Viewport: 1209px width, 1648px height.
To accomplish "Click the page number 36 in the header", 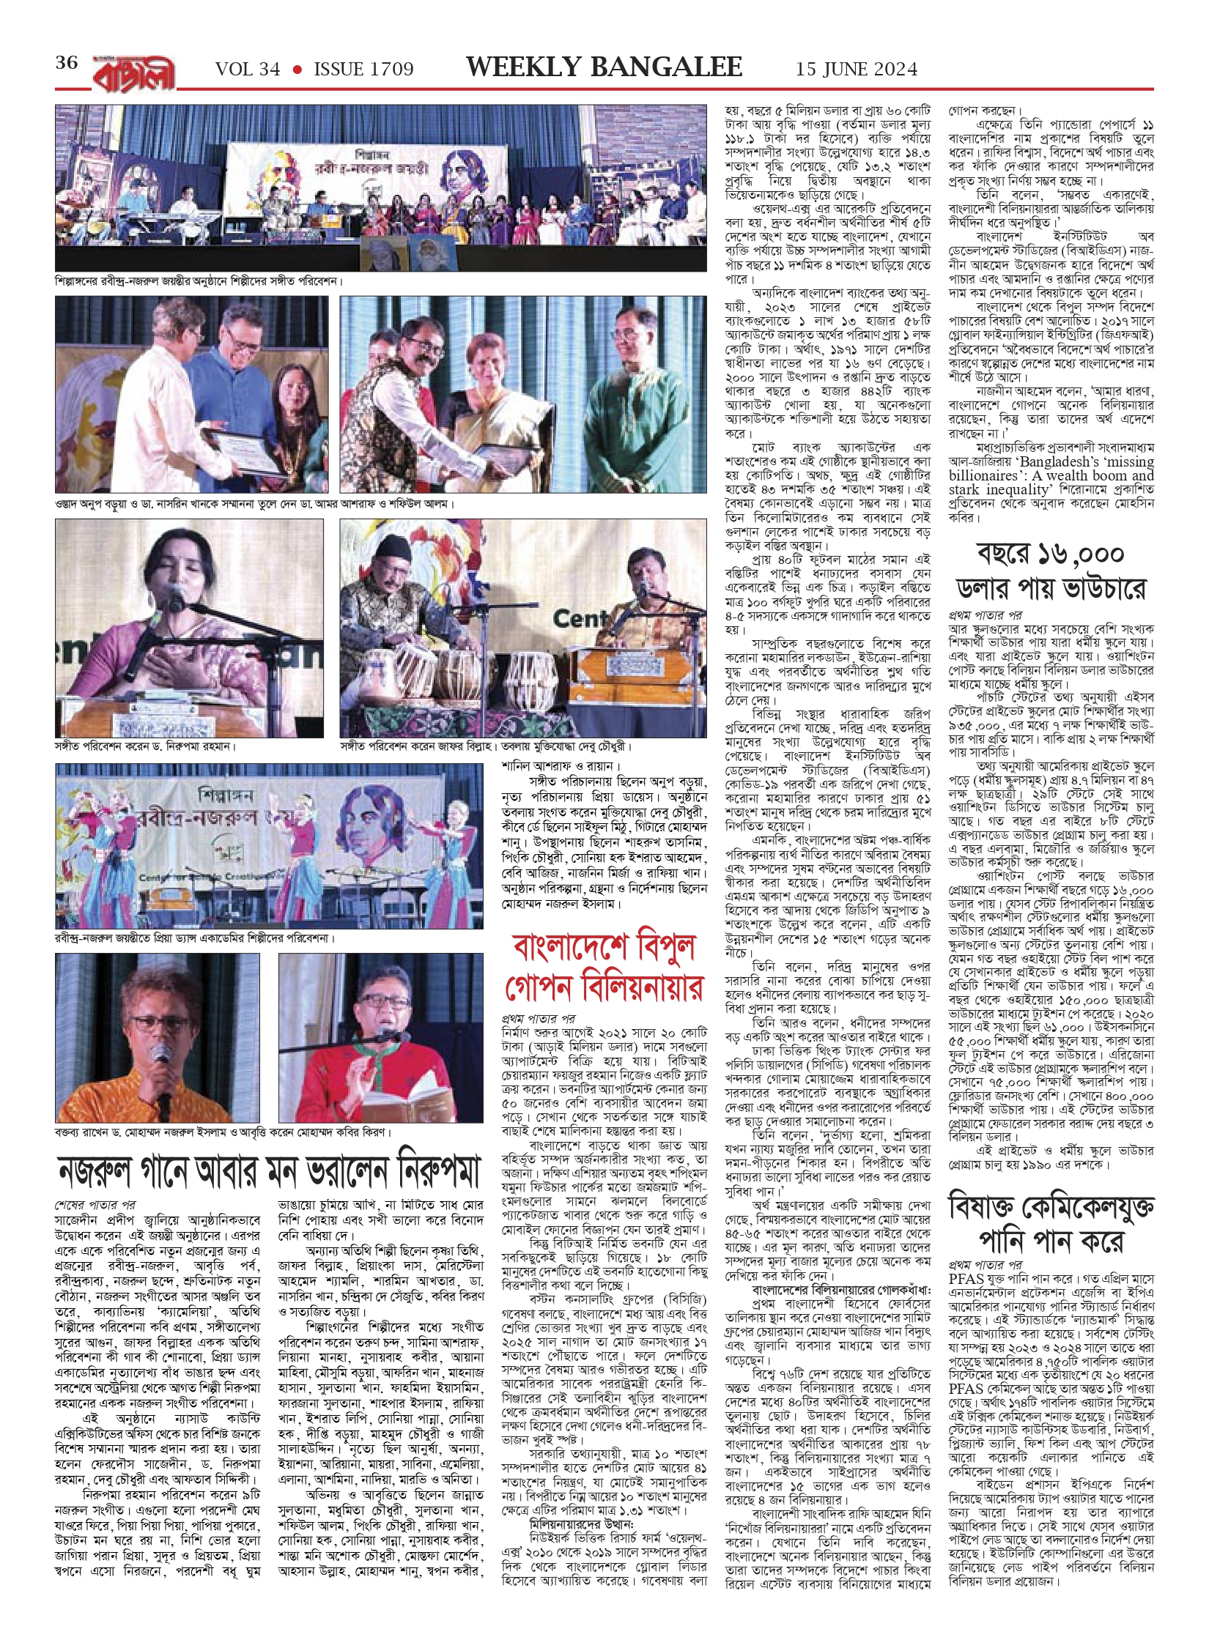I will tap(67, 63).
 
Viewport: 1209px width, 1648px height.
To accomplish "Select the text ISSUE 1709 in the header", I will tap(363, 70).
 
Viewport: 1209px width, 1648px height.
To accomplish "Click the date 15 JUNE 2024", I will tap(857, 70).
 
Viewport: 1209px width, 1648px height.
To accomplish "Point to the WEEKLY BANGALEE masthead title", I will tap(604, 67).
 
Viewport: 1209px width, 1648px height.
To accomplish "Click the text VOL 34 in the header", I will tap(248, 70).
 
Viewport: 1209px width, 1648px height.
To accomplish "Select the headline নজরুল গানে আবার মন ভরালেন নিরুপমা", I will tap(270, 1171).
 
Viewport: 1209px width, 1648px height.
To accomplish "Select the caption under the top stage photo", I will tap(199, 281).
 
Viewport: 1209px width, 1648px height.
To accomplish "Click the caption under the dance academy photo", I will tap(195, 938).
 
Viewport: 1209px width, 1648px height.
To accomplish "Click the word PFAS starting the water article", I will tap(966, 1278).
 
